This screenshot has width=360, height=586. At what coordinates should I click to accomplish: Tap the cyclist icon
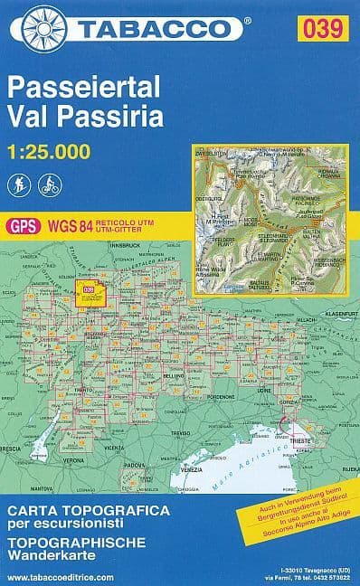[x=47, y=186]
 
